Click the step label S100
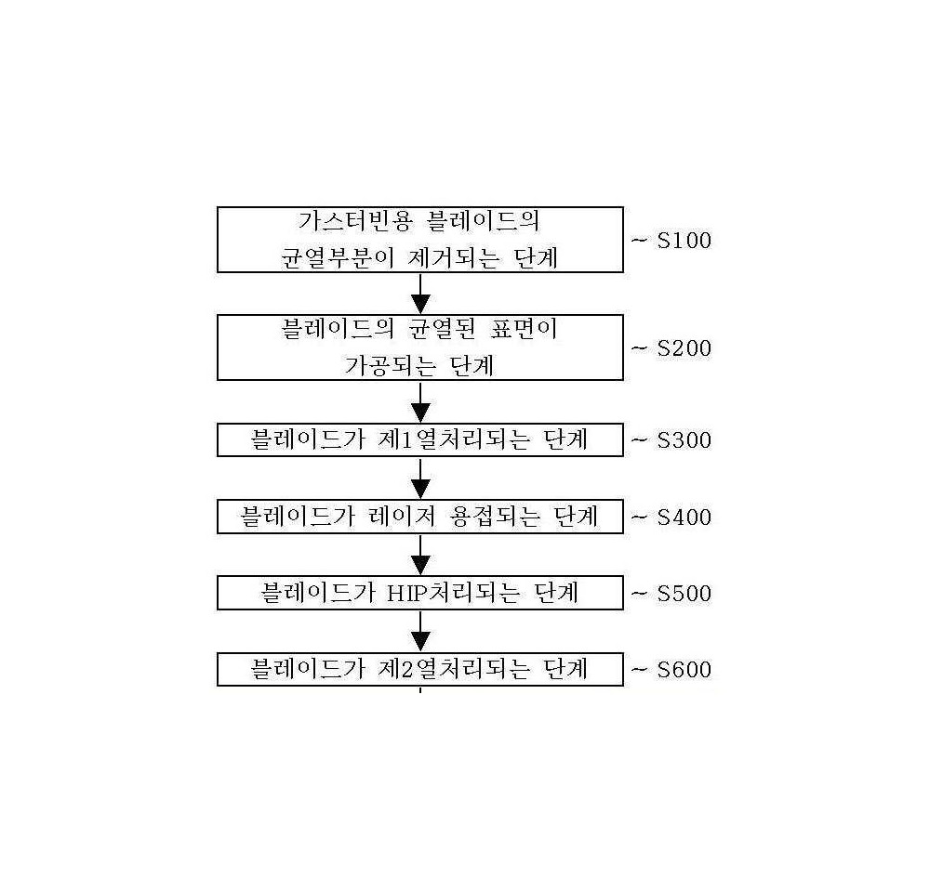pos(684,241)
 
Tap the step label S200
pos(684,348)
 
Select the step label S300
pos(684,440)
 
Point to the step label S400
pos(684,518)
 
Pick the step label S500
pos(684,594)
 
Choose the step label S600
pos(684,670)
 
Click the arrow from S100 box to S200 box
pos(420,294)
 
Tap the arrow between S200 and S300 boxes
pos(420,402)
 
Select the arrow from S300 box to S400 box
pos(420,478)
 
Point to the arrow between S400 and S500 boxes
pos(420,555)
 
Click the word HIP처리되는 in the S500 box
pos(454,593)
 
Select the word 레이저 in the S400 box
pos(402,517)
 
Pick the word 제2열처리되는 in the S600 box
pos(453,669)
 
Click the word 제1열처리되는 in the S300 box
pos(453,439)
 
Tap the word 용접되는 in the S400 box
pos(496,517)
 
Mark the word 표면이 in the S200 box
pos(524,329)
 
